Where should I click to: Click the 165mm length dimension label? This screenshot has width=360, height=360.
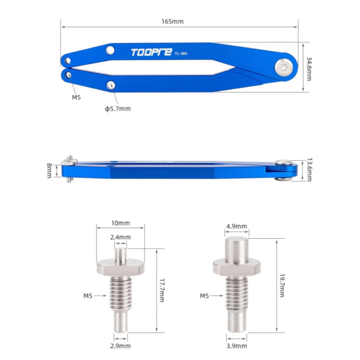point(173,21)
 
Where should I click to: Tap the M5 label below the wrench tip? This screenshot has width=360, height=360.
point(77,97)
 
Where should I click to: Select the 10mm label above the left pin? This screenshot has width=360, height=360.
point(120,223)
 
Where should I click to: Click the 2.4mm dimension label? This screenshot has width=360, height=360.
point(120,237)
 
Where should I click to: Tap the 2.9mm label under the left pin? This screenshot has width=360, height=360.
point(120,346)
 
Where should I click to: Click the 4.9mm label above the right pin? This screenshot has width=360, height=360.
point(236,227)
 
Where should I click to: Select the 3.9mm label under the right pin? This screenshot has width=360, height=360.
point(236,346)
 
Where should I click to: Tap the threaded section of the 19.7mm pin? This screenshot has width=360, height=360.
point(236,295)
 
